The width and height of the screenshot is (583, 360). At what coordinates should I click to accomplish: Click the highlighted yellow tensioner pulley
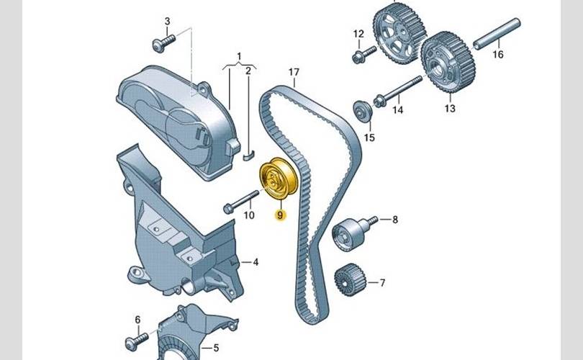[279, 179]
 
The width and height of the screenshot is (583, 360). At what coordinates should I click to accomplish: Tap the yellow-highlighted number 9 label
[280, 215]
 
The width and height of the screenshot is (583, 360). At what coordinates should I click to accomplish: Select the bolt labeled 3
[163, 43]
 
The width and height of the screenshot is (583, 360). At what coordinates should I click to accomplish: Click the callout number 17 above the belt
[294, 72]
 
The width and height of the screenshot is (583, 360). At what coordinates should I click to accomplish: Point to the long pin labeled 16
[497, 34]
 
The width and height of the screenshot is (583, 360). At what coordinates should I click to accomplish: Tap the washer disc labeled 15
[363, 110]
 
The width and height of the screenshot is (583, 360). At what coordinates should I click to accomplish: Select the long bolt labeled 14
[398, 90]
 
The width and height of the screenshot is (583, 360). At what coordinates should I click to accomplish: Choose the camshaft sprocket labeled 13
[448, 62]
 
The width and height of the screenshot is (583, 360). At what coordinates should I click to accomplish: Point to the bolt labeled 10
[241, 202]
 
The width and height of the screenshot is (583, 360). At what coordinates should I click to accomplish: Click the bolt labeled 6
[137, 342]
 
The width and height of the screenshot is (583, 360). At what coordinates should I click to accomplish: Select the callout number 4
[256, 262]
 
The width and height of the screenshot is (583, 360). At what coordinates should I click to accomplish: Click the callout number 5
[216, 348]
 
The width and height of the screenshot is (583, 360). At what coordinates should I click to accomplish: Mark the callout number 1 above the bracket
[239, 57]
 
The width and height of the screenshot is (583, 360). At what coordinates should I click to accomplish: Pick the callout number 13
[450, 108]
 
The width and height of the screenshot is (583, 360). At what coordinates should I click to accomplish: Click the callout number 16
[498, 54]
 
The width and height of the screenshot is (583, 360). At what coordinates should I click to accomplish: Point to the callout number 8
[395, 220]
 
